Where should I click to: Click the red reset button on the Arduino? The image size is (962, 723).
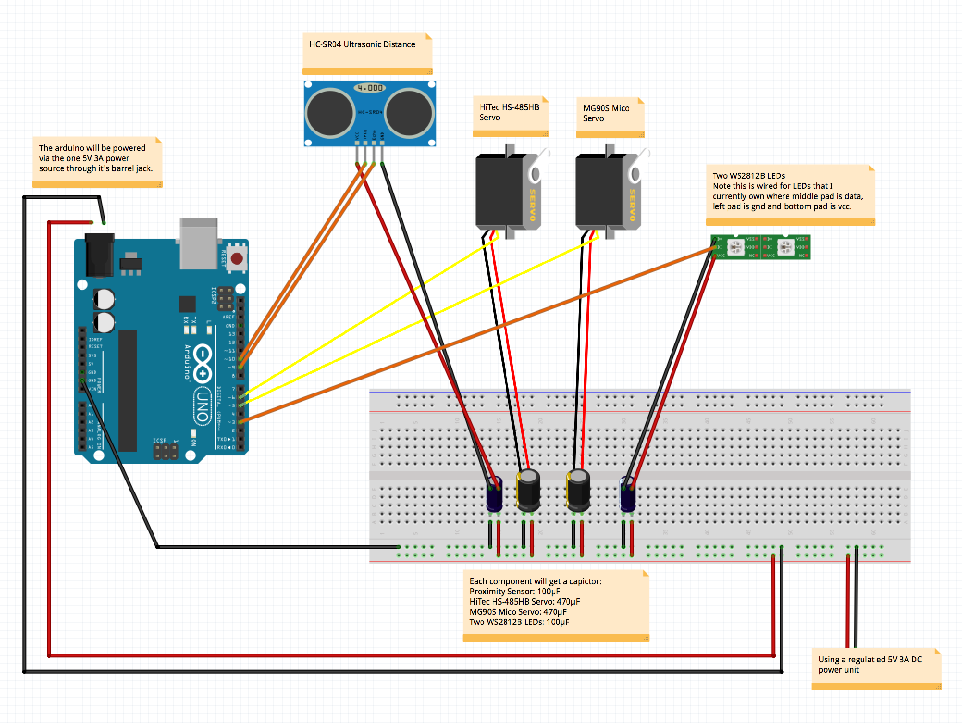(x=237, y=258)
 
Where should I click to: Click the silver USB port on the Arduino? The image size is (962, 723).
(x=198, y=243)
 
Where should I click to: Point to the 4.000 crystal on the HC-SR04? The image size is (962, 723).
(x=370, y=87)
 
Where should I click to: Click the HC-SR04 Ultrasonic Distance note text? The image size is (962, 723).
(x=362, y=44)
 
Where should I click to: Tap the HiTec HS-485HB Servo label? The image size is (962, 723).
(x=509, y=112)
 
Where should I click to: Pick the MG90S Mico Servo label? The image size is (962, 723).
(x=606, y=113)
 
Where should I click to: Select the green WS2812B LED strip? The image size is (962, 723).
(x=761, y=247)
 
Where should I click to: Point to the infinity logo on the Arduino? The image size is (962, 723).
(x=203, y=364)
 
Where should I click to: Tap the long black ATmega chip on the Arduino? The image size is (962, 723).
(x=128, y=390)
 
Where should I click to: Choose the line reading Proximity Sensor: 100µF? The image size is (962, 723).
(x=515, y=592)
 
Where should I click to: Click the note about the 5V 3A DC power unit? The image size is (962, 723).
(x=869, y=665)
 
